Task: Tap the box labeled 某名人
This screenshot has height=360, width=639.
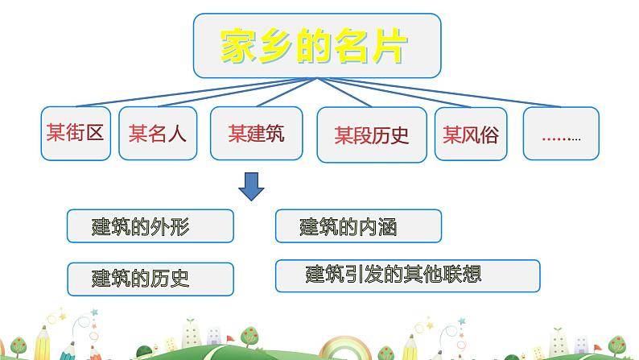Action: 158,133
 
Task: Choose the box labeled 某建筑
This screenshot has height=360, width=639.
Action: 256,133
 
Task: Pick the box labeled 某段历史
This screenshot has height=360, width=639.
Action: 372,134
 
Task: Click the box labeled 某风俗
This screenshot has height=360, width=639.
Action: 470,134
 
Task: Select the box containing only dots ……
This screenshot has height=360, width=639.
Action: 561,134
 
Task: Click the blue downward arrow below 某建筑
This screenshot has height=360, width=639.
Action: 253,188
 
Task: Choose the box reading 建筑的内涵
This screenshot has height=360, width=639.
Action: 358,226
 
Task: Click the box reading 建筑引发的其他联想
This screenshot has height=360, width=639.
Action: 407,275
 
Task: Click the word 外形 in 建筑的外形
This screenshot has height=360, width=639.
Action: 173,227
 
